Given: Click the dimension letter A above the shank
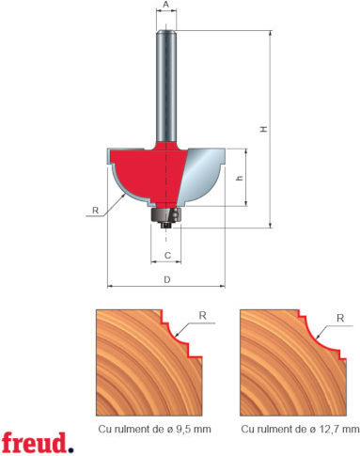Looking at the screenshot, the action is [166, 5].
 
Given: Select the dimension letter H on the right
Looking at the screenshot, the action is [264, 129].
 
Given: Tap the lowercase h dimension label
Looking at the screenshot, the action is [240, 178].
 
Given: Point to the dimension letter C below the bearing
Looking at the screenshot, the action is [167, 256].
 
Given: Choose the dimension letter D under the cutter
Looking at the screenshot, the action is [167, 279].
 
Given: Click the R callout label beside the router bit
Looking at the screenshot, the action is [95, 211].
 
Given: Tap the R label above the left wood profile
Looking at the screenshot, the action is [203, 316].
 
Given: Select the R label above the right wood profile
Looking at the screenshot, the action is [340, 319].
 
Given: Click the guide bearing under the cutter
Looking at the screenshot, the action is [165, 214].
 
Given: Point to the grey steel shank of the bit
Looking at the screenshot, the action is [166, 86].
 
